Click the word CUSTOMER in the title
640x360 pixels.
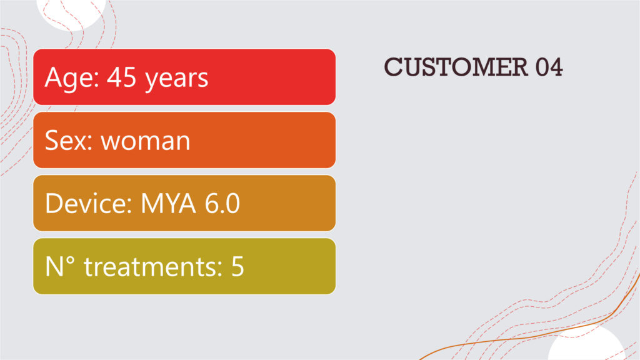tap(456, 67)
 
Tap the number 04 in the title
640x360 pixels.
tap(549, 67)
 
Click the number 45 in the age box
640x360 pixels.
tap(121, 77)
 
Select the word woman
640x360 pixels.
tap(146, 142)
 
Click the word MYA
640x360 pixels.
tap(168, 203)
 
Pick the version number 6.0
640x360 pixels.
tap(222, 203)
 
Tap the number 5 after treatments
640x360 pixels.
tap(237, 267)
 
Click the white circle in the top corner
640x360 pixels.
tap(71, 12)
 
